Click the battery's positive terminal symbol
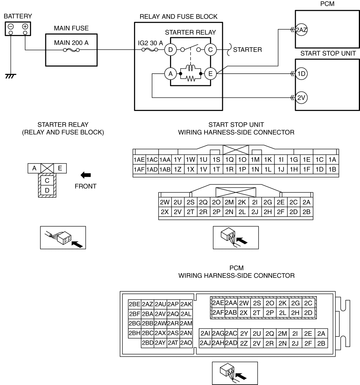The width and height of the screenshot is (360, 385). [25, 27]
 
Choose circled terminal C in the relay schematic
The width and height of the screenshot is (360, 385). [210, 50]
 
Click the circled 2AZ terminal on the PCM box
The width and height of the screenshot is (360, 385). [300, 29]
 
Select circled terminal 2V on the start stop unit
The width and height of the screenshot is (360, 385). [300, 98]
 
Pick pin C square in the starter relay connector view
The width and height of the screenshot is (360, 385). [47, 180]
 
